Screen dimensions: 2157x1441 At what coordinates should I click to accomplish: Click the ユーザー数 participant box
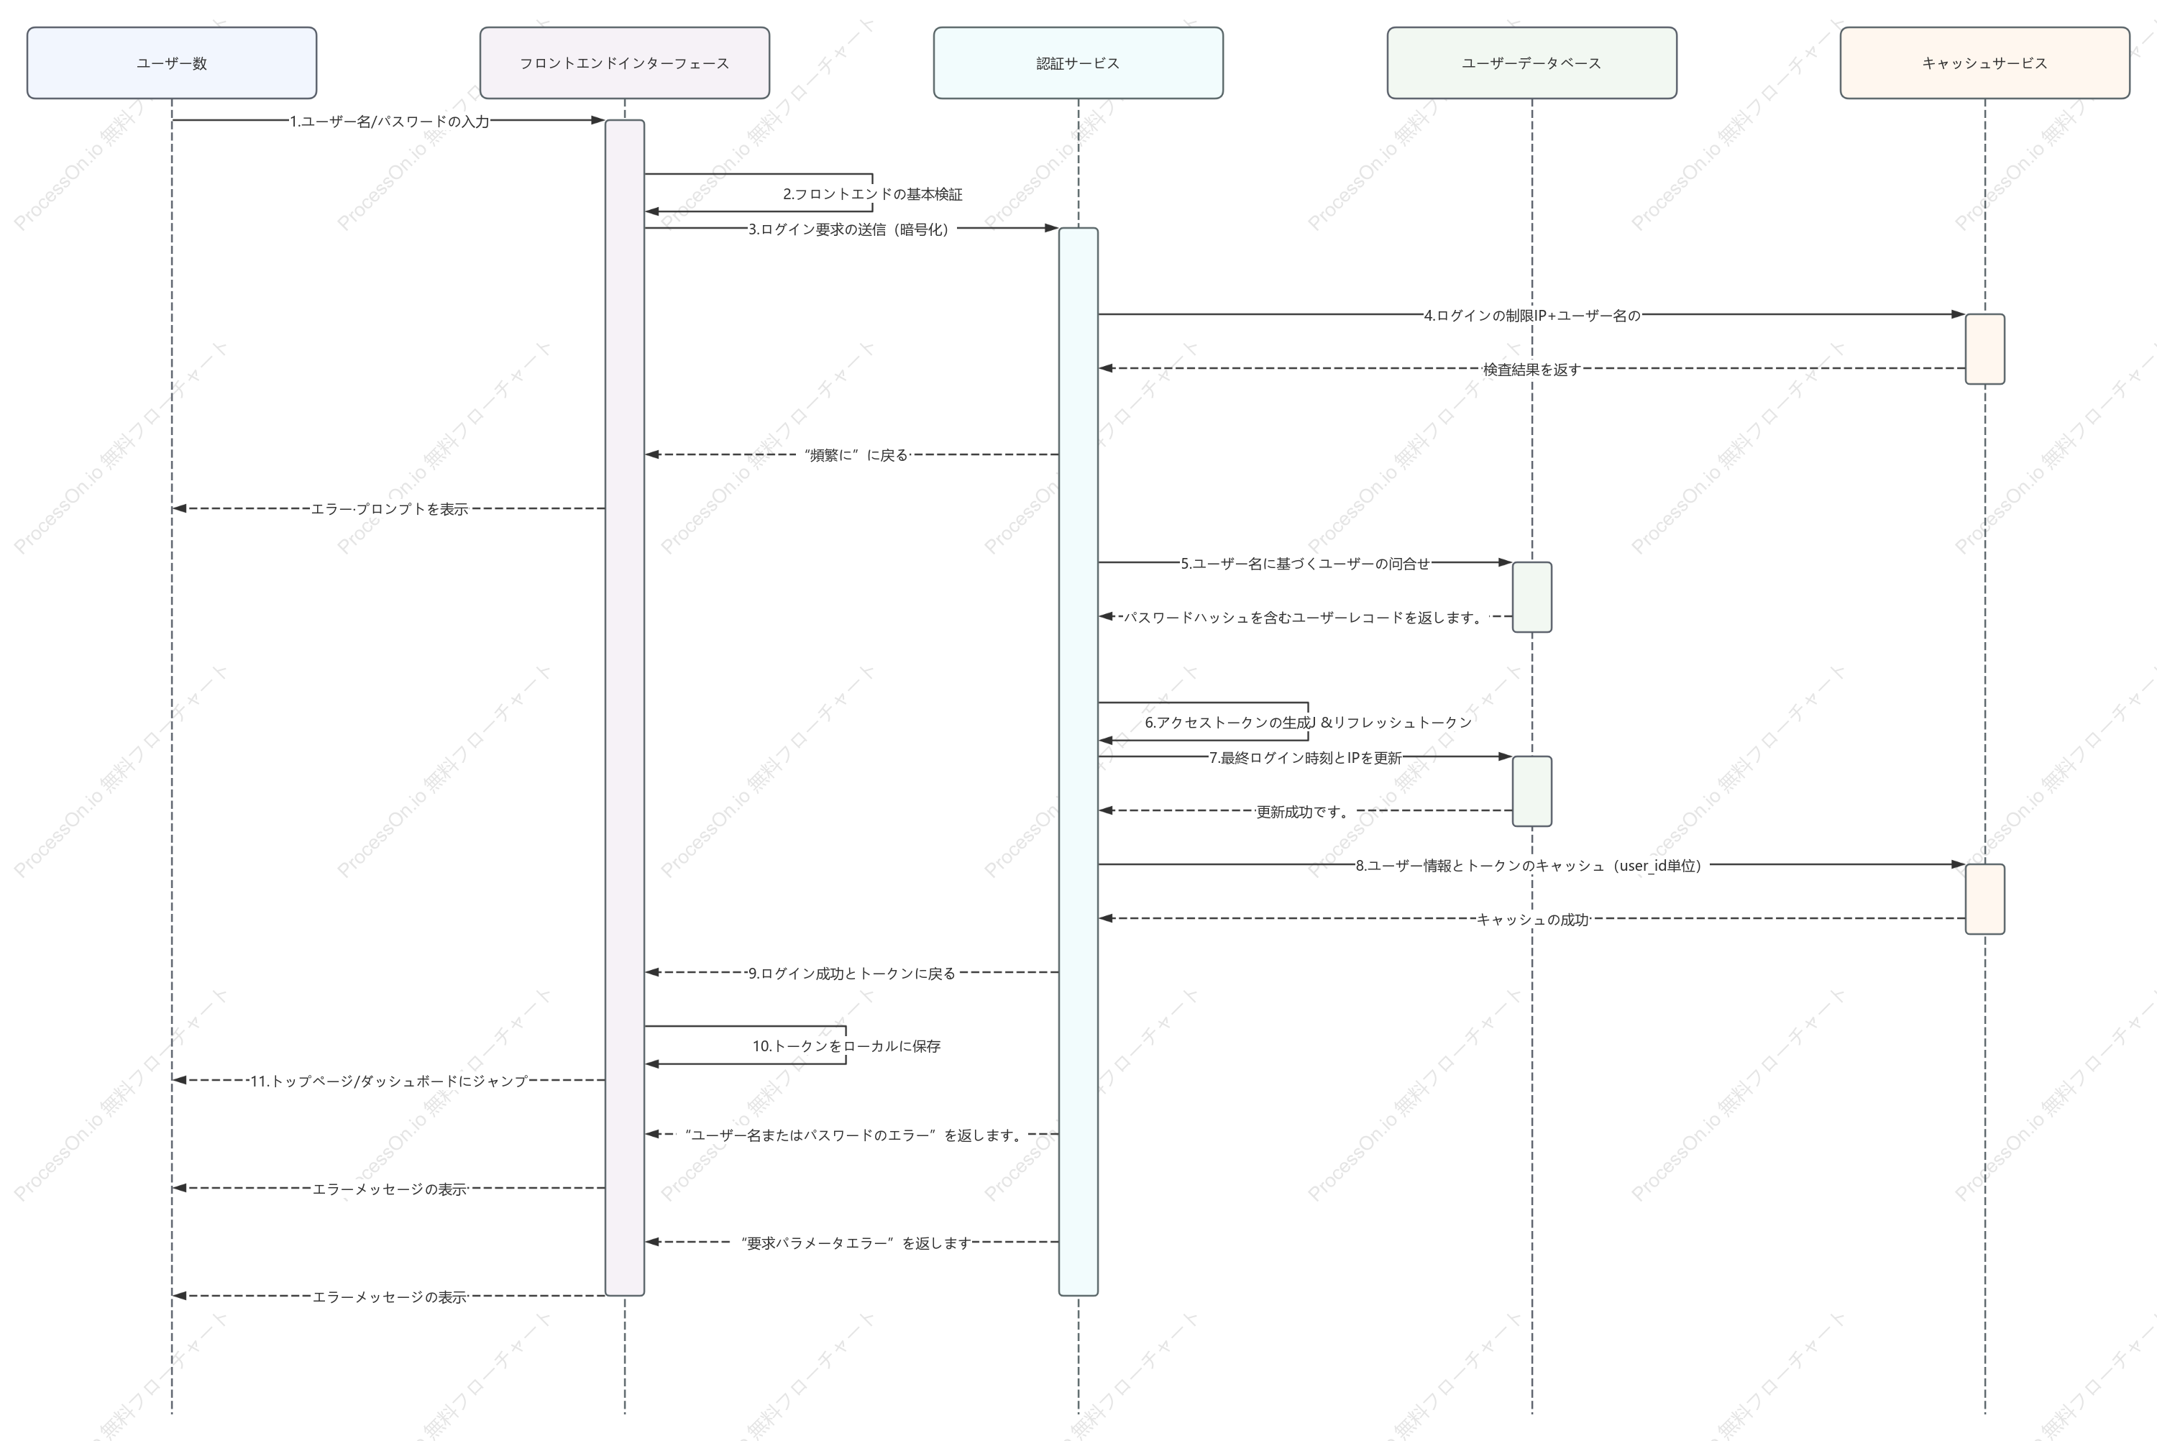click(172, 63)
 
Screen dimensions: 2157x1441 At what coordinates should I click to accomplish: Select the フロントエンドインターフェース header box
click(625, 63)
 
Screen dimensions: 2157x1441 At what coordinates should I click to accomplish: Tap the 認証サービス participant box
click(1078, 63)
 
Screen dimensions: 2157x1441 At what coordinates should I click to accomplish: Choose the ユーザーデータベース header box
click(1531, 63)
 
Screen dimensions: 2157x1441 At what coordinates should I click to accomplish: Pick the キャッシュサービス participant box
click(1985, 63)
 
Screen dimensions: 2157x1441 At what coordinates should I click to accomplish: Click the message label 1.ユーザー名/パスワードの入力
click(390, 122)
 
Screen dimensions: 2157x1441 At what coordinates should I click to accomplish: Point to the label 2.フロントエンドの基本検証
click(873, 194)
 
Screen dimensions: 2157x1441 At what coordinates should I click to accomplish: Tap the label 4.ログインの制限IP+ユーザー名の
click(1531, 315)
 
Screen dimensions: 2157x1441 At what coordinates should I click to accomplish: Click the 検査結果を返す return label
click(1531, 370)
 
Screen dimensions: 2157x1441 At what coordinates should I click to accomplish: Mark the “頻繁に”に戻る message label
click(856, 455)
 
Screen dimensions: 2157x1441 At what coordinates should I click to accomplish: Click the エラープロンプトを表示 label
click(390, 509)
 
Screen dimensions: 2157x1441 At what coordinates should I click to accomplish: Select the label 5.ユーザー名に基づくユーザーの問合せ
click(1304, 563)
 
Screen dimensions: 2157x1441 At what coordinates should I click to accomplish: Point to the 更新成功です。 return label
click(1304, 812)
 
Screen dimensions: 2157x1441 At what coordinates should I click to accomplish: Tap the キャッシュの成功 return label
click(1531, 919)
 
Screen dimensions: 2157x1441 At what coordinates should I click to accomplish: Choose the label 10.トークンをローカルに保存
click(846, 1046)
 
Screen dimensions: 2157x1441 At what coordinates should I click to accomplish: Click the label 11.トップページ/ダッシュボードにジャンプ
click(390, 1081)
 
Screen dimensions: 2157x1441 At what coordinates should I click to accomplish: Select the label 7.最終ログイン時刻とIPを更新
click(1304, 757)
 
